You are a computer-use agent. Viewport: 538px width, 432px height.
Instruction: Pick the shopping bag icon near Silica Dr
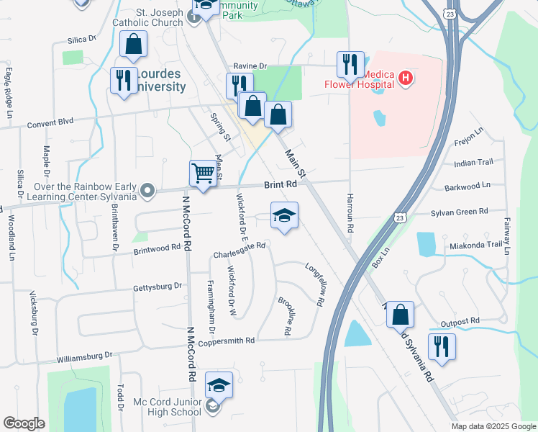point(133,45)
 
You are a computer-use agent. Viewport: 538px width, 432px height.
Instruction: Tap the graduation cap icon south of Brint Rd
point(284,215)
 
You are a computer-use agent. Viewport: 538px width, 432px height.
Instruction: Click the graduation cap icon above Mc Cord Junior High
point(219,385)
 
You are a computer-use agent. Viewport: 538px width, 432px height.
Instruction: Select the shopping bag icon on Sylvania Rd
point(401,315)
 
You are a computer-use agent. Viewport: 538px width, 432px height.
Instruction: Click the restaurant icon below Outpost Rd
point(441,347)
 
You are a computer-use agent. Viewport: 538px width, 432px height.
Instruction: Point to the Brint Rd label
point(281,185)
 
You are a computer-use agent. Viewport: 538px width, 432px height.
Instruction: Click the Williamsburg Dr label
point(85,355)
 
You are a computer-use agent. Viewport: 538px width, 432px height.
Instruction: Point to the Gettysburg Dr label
point(158,287)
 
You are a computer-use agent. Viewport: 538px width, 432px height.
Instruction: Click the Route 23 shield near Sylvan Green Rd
point(401,216)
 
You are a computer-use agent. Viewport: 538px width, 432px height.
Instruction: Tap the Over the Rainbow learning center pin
point(147,191)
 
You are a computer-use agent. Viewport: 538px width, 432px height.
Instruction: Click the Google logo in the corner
point(24,424)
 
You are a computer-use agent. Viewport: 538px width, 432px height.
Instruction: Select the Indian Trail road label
point(475,163)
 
